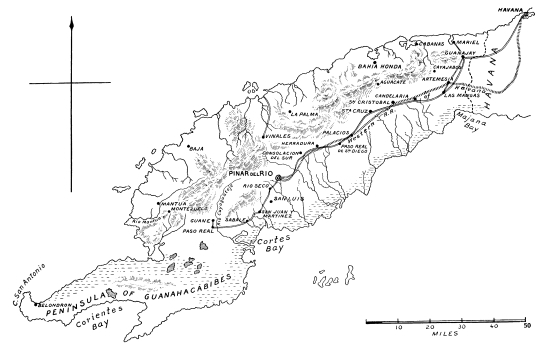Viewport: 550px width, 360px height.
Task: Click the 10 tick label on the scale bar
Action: point(398,328)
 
